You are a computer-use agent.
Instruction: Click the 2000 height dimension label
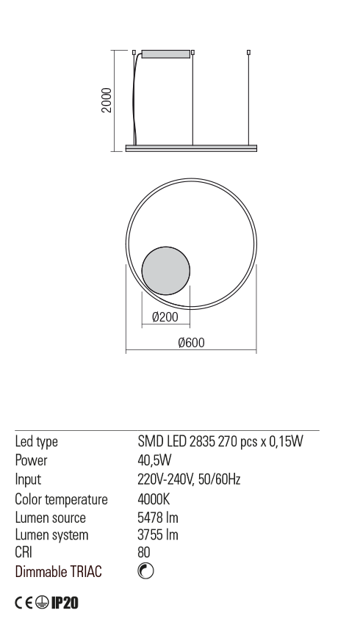tap(107, 101)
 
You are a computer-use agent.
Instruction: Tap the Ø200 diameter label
tap(165, 317)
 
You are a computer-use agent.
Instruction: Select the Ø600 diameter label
tap(192, 342)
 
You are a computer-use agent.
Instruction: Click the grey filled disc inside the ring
tap(166, 271)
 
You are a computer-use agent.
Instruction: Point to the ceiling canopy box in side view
tap(166, 54)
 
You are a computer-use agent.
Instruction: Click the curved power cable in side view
tap(136, 100)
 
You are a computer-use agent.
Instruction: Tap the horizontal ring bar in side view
tap(191, 148)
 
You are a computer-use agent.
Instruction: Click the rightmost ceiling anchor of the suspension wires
tap(248, 52)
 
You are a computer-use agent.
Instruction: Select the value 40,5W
tap(154, 460)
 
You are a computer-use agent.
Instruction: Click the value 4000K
tap(154, 499)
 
